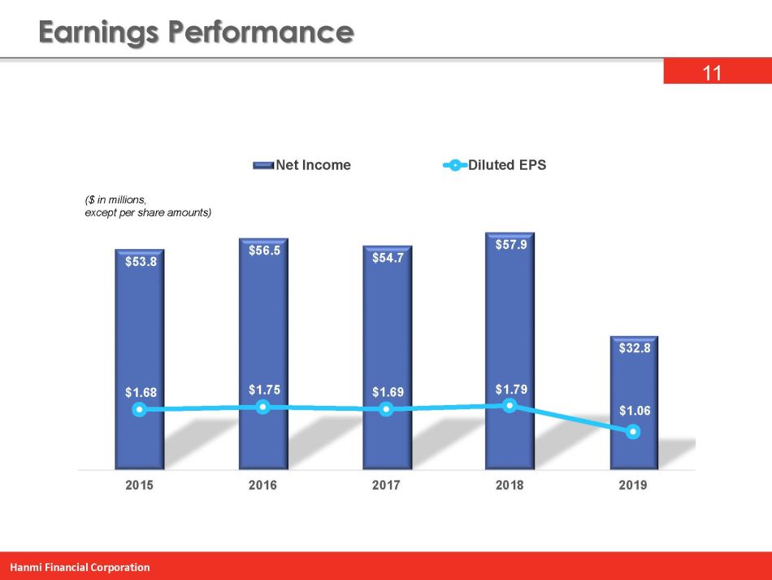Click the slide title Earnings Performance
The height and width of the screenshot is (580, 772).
click(x=196, y=33)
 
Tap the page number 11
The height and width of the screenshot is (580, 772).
click(x=712, y=74)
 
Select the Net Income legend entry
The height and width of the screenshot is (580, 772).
click(x=313, y=165)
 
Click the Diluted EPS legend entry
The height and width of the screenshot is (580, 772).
click(x=506, y=165)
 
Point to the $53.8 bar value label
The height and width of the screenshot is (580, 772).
click(x=141, y=263)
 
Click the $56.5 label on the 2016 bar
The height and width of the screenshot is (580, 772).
click(x=264, y=251)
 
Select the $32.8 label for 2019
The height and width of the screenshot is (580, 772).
click(x=634, y=348)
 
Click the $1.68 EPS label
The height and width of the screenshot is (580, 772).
click(x=141, y=392)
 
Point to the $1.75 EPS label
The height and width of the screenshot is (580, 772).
click(x=264, y=390)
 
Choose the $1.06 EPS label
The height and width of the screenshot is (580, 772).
click(x=634, y=411)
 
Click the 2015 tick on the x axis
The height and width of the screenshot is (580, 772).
click(x=141, y=486)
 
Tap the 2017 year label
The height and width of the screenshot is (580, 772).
click(x=387, y=486)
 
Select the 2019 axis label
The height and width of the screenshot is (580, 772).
click(x=633, y=486)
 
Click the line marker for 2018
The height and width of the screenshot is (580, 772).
click(x=510, y=405)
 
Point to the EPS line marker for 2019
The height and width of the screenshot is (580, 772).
click(x=633, y=433)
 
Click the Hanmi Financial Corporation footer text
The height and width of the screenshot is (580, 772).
click(x=80, y=567)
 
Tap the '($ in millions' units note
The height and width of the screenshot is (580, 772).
click(x=117, y=198)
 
